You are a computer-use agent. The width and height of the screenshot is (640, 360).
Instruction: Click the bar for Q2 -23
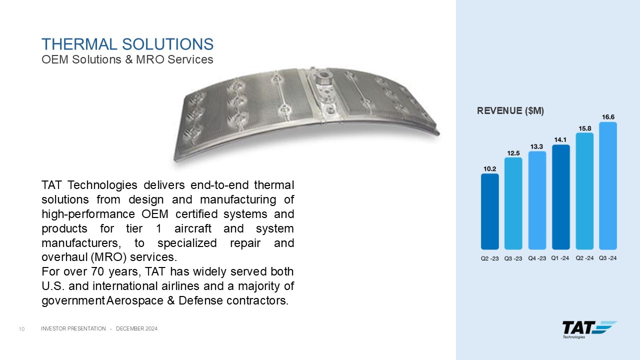click(x=489, y=211)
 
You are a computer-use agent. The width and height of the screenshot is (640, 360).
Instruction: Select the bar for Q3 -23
click(x=513, y=203)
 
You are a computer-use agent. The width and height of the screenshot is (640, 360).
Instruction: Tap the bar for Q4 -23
click(x=537, y=200)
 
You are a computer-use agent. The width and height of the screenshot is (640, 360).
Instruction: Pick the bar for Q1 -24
click(x=561, y=197)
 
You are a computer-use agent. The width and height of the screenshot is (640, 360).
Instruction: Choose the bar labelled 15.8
click(x=584, y=191)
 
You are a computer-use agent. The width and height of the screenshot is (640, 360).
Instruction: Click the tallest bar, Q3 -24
click(x=608, y=185)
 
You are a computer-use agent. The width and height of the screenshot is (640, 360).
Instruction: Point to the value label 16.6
click(x=608, y=117)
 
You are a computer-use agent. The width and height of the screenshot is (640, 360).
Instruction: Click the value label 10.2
click(x=489, y=169)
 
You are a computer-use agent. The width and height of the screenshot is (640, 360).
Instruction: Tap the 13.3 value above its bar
click(x=536, y=146)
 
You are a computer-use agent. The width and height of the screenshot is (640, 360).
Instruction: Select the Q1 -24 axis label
click(x=560, y=258)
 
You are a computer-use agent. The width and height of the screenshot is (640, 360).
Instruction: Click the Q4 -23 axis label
click(x=537, y=258)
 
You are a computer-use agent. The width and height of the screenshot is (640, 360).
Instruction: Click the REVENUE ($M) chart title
click(x=510, y=111)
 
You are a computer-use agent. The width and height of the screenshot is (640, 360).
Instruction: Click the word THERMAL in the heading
click(x=79, y=44)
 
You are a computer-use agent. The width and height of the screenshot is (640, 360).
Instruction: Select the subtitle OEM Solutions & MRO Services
click(x=127, y=59)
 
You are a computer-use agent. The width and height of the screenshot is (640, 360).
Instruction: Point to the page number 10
click(x=21, y=329)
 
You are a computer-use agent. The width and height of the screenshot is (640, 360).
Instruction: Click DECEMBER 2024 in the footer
click(x=136, y=328)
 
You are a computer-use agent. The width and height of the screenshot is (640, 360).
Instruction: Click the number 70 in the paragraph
click(x=97, y=271)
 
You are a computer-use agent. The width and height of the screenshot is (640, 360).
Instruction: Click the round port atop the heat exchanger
click(x=323, y=75)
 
